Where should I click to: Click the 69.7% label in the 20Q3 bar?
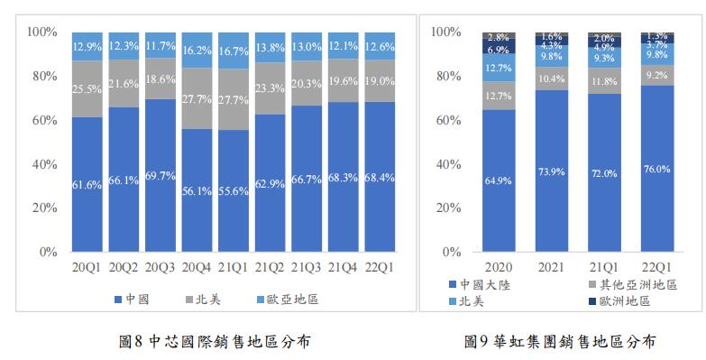(x=161, y=175)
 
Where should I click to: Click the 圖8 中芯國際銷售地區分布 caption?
(x=209, y=341)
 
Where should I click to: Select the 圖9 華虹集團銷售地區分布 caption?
(x=559, y=341)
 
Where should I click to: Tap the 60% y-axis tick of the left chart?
(x=43, y=120)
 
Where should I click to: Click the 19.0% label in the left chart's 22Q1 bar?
(x=381, y=81)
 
